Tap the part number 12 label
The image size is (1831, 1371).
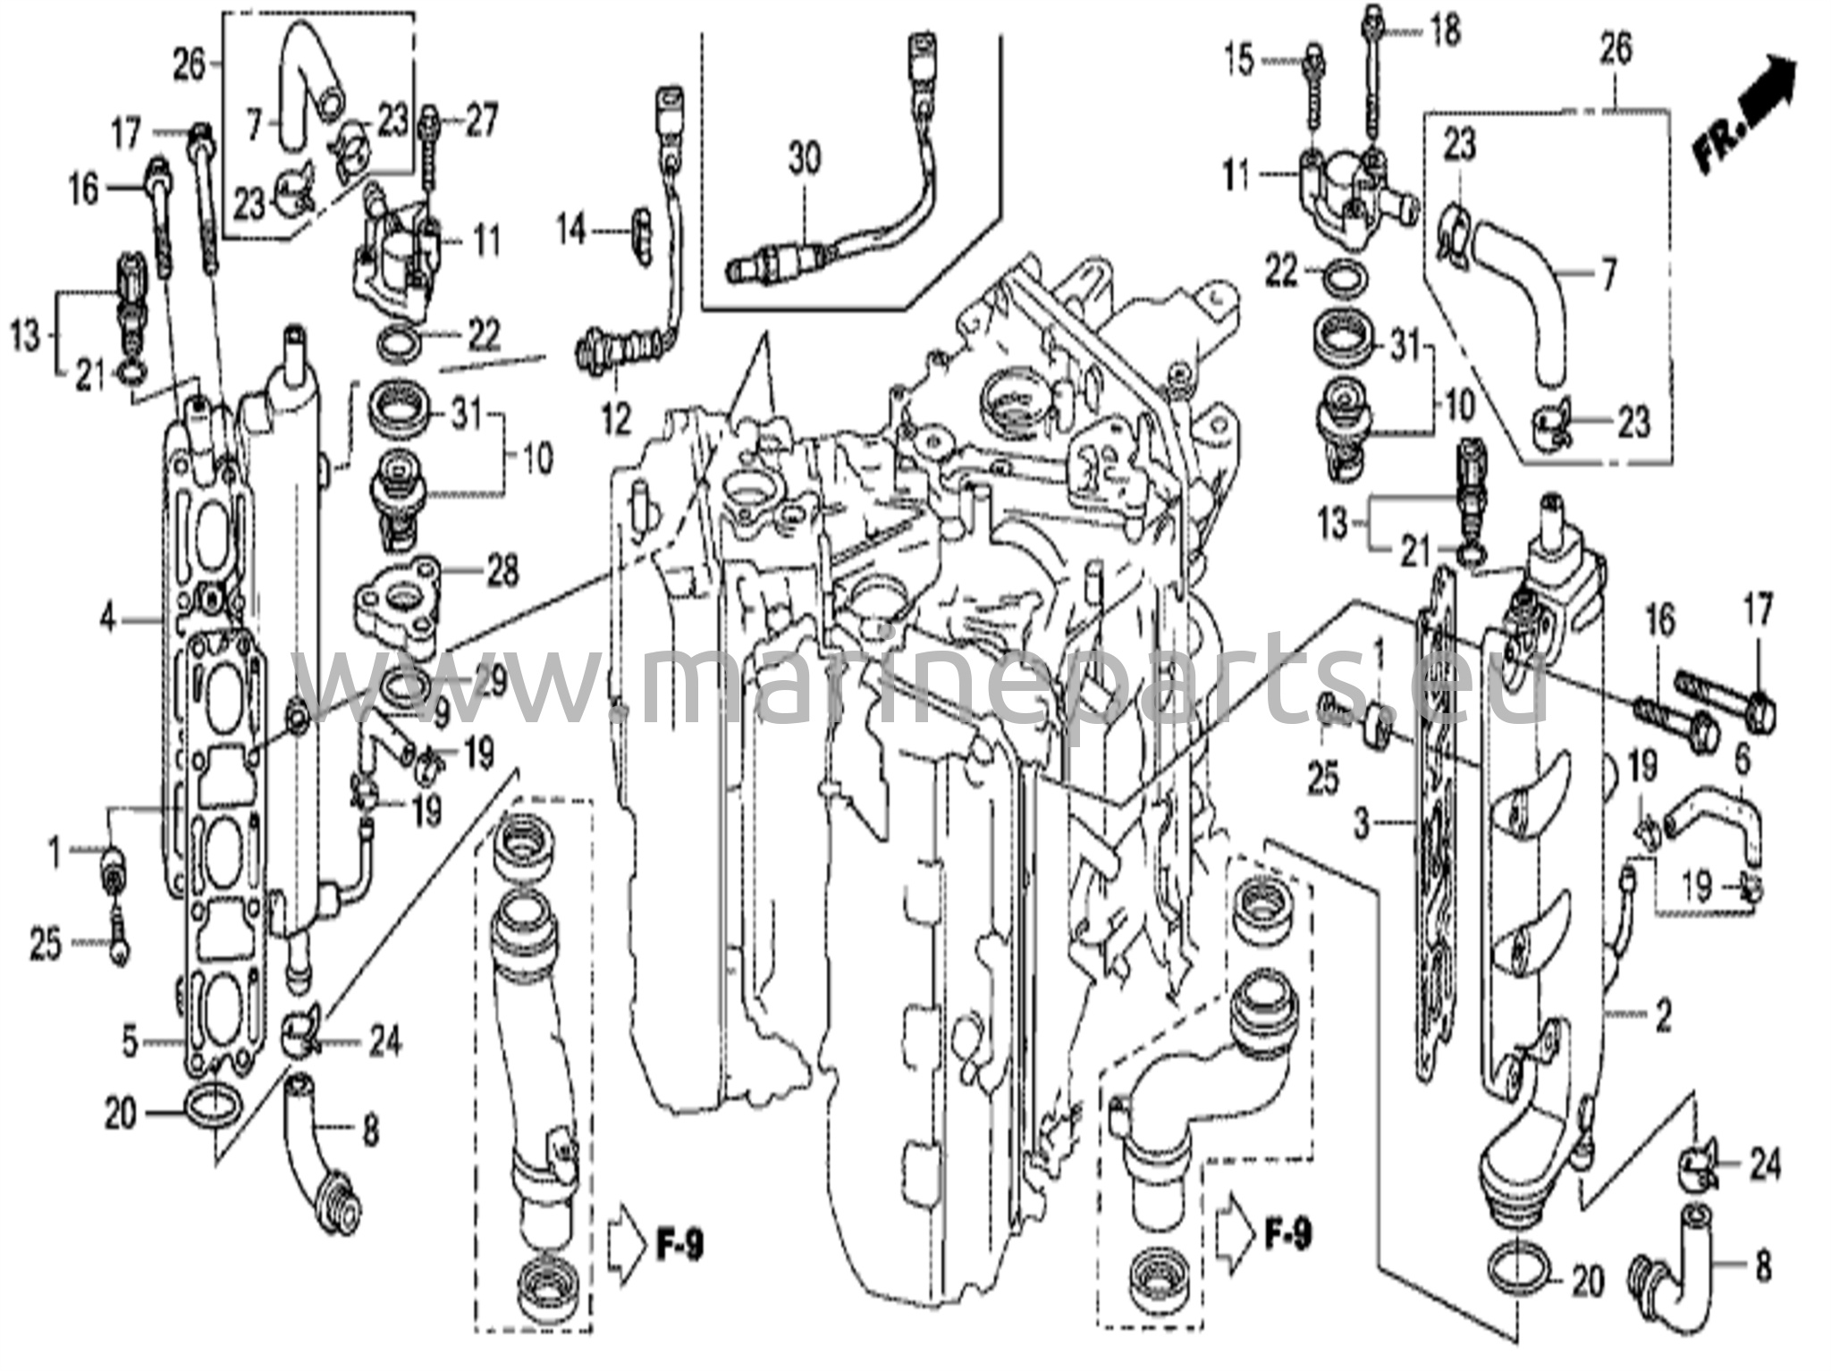[616, 418]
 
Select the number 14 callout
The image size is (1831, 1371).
[571, 231]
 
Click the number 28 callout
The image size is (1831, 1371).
[503, 570]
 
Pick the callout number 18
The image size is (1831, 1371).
[1445, 30]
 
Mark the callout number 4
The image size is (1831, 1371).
[108, 618]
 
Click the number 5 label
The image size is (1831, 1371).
[131, 1042]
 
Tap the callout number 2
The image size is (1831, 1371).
[1663, 1017]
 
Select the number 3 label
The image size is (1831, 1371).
[1361, 823]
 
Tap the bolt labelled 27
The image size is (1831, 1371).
[431, 161]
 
